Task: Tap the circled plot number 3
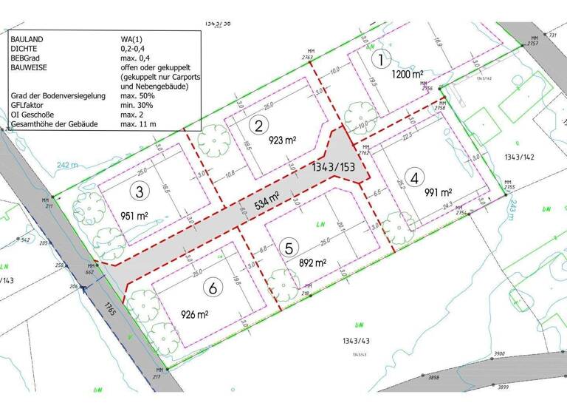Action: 138,191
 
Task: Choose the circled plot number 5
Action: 290,248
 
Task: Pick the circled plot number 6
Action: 213,288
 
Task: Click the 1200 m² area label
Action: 408,75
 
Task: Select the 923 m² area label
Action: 283,140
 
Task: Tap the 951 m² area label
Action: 136,217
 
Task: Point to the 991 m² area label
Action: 439,193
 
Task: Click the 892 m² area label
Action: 312,262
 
